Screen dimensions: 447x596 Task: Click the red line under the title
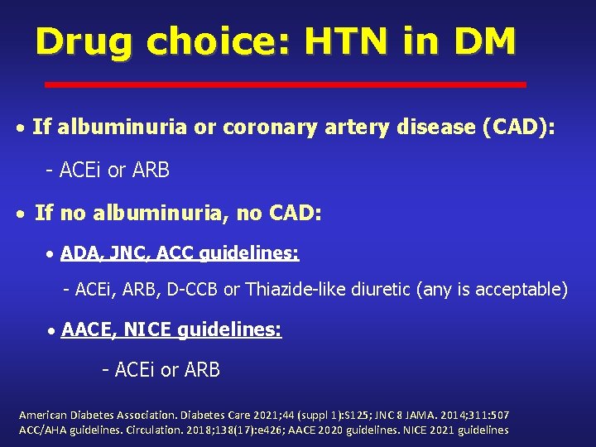coord(285,84)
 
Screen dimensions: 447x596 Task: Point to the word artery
coord(351,127)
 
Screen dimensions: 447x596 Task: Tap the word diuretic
coord(387,290)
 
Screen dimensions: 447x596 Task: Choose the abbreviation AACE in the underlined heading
coord(89,330)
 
